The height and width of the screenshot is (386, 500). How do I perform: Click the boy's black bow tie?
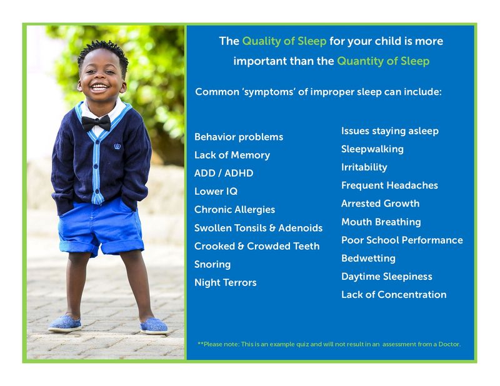(x=96, y=122)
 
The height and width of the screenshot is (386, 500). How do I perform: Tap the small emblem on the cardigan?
(x=117, y=146)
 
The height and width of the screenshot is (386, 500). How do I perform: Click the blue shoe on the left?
(x=65, y=323)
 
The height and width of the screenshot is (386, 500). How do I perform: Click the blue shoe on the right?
(x=153, y=325)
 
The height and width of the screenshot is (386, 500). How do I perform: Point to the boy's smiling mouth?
(x=99, y=87)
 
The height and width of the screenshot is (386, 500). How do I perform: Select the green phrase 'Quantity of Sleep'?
(x=383, y=61)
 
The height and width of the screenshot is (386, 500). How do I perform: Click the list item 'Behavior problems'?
(x=238, y=137)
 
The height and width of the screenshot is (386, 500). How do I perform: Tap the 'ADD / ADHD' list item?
(x=224, y=173)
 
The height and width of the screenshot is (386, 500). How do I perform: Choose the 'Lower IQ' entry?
(x=216, y=191)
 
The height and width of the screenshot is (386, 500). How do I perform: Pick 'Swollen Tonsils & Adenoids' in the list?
(x=258, y=228)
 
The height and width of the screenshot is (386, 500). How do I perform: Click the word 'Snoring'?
(x=212, y=264)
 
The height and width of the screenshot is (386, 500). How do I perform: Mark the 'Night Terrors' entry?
(x=225, y=282)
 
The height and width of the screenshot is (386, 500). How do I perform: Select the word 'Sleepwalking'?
(x=372, y=149)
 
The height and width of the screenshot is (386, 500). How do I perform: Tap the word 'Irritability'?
(x=364, y=167)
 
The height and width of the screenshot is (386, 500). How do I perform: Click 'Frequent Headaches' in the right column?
(x=389, y=185)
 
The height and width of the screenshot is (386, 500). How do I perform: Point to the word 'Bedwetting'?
(x=368, y=258)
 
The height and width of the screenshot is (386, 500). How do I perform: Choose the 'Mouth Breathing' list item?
(x=381, y=222)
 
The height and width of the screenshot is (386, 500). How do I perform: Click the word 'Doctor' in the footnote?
(x=450, y=344)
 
